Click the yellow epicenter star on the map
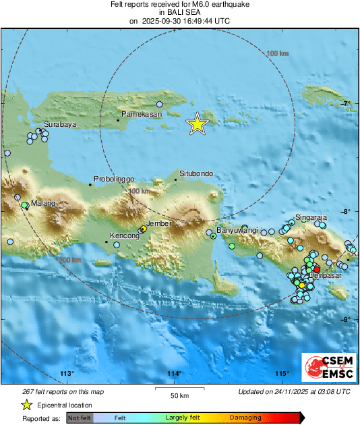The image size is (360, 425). [197, 123]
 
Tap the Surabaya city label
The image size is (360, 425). [59, 125]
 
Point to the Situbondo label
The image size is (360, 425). [196, 173]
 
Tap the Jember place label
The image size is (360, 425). [160, 223]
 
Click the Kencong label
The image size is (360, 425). [125, 236]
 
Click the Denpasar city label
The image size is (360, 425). [324, 277]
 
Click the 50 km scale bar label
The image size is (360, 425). [179, 395]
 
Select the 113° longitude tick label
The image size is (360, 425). [66, 374]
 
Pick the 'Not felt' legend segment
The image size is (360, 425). [80, 418]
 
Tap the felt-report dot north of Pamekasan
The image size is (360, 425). [160, 104]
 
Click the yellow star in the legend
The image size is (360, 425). [26, 405]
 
